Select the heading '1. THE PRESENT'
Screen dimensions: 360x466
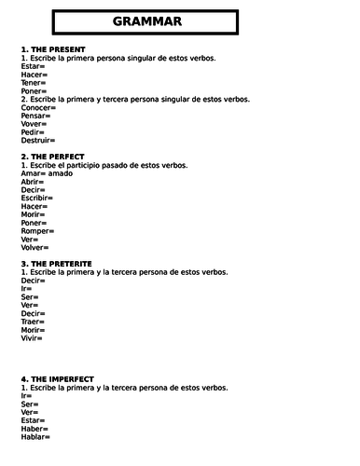coord(53,49)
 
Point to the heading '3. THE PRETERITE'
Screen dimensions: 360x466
coord(58,265)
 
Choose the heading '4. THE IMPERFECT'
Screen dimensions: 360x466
coord(57,379)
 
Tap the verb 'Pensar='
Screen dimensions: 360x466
coord(36,115)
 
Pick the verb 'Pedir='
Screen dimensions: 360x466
coord(34,131)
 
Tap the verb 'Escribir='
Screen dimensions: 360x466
coord(37,198)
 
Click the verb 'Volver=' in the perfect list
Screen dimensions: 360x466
coord(35,247)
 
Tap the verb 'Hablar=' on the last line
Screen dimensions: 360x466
coord(35,437)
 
